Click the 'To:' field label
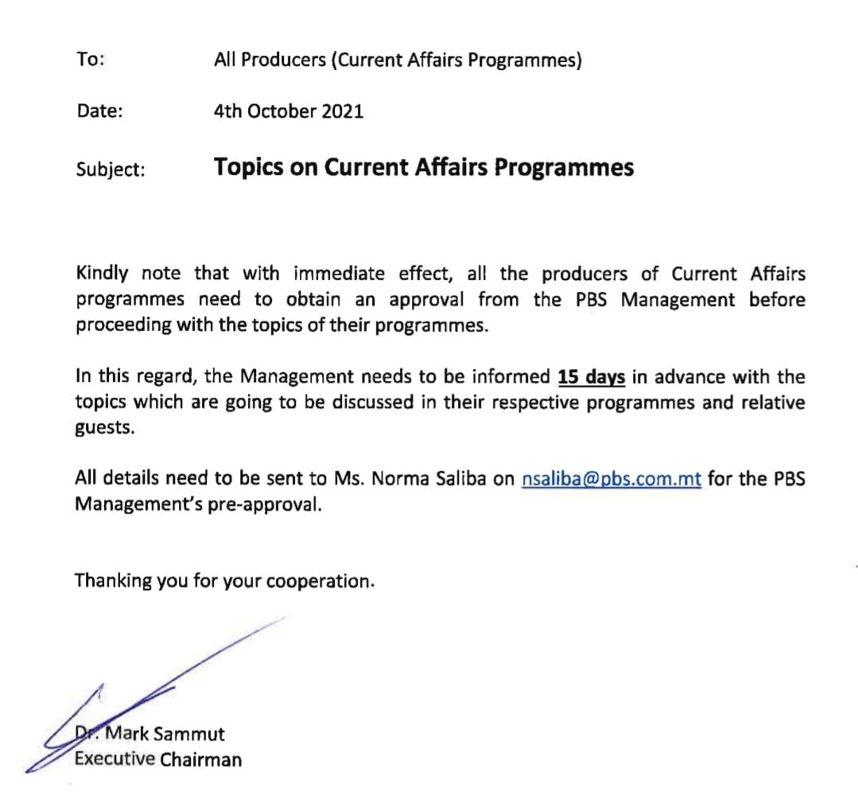click(x=90, y=60)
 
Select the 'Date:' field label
click(x=99, y=111)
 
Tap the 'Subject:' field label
click(x=111, y=169)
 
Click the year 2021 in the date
click(x=343, y=111)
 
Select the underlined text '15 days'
click(x=592, y=377)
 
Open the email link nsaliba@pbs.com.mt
click(x=611, y=480)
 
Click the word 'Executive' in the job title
click(x=115, y=759)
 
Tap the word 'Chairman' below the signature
click(x=200, y=760)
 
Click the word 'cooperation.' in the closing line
click(x=320, y=582)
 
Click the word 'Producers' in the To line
click(x=281, y=60)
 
